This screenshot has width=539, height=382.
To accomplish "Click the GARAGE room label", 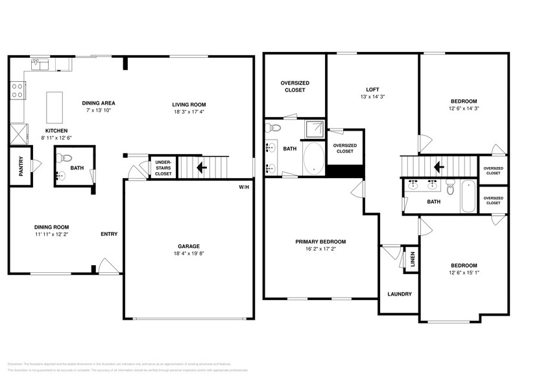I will point(188,246).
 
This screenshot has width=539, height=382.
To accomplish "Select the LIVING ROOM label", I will point(189,105).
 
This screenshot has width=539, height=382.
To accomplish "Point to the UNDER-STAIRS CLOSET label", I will point(163,168).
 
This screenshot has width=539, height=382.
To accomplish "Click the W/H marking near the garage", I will point(244,187).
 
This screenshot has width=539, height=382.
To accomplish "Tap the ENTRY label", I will point(109,234).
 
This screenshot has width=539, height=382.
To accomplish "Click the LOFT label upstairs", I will point(372,90).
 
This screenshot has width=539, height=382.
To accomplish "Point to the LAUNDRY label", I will point(400,294).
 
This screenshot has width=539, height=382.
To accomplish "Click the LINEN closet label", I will point(412,258).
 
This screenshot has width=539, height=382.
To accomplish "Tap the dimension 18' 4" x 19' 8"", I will point(188,255).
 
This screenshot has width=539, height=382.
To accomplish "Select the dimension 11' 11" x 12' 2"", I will point(52,235).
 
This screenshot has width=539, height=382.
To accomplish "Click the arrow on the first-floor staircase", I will point(202,168).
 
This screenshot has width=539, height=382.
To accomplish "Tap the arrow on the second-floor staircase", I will point(438,168).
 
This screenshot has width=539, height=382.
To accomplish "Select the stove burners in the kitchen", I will point(17,90).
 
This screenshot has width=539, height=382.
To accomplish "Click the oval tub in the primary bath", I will point(314,159).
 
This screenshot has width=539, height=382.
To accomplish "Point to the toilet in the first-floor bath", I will point(65,157).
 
